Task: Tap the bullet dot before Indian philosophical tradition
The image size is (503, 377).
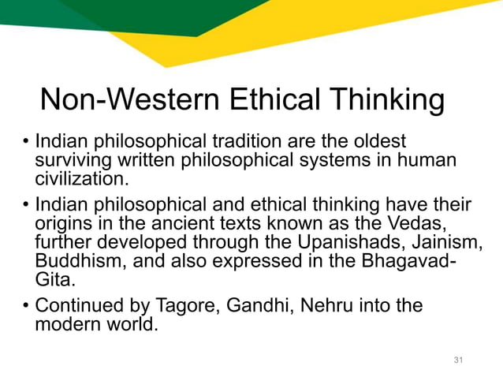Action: (x=26, y=144)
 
